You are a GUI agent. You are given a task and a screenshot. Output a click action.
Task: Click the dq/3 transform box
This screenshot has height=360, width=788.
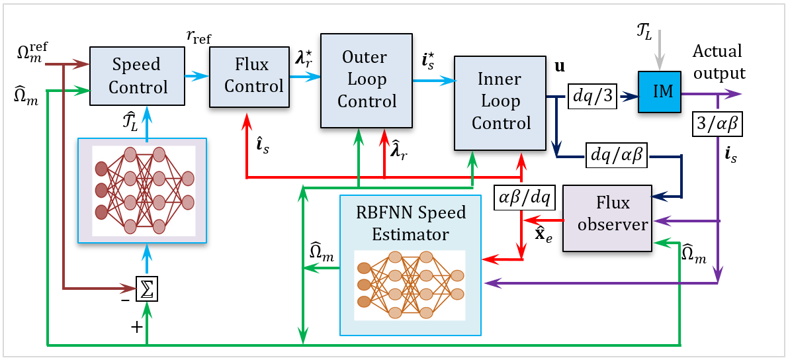pyautogui.click(x=593, y=95)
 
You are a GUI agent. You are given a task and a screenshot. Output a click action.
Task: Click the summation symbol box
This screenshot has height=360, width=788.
pyautogui.click(x=147, y=289)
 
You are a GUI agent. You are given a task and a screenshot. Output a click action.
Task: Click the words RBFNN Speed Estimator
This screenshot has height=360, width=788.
pyautogui.click(x=410, y=224)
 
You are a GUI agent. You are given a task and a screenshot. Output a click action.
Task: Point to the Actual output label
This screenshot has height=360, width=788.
pyautogui.click(x=719, y=62)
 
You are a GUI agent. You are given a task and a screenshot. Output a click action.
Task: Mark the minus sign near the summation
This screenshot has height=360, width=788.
pyautogui.click(x=125, y=300)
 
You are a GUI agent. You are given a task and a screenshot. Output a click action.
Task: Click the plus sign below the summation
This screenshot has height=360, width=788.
pyautogui.click(x=137, y=326)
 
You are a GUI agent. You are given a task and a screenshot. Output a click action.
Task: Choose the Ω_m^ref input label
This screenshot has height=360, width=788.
pyautogui.click(x=33, y=50)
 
